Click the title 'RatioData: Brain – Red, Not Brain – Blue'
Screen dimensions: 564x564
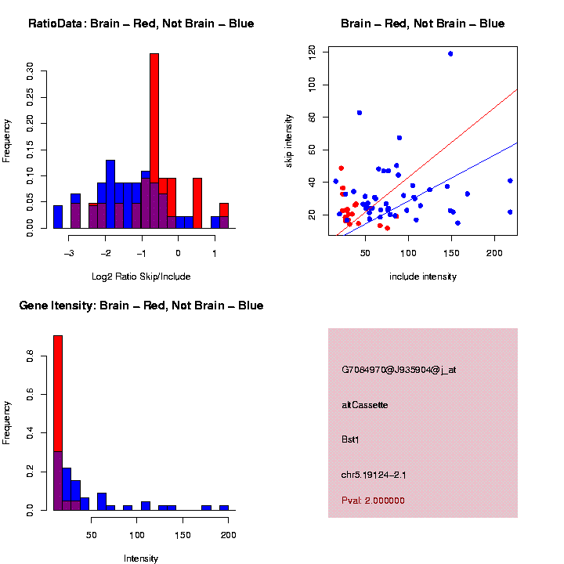pos(141,23)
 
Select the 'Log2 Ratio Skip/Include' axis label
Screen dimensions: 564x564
pos(141,277)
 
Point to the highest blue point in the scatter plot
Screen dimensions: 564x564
pos(450,53)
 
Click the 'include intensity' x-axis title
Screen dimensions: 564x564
pos(423,277)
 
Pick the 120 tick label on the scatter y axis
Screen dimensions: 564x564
pos(312,52)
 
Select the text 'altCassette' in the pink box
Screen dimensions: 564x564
pos(365,405)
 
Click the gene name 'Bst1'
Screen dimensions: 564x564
pos(350,439)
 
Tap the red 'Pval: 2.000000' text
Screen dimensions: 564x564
pos(374,501)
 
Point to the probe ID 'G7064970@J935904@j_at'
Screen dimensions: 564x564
pos(399,370)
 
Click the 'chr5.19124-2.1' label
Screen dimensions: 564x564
pos(374,475)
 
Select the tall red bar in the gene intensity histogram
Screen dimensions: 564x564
pos(58,392)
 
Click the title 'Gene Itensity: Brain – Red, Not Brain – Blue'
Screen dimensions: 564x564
pos(141,305)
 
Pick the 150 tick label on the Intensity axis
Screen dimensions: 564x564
pos(183,534)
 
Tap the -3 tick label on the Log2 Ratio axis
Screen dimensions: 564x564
pos(70,252)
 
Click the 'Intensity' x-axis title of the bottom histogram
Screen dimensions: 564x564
pos(141,559)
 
